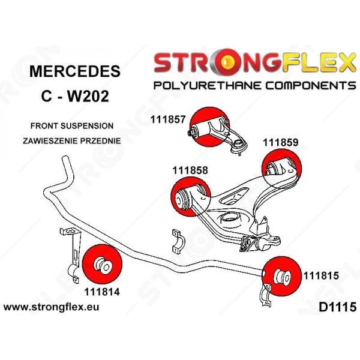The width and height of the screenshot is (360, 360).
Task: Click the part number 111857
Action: pos(168,119)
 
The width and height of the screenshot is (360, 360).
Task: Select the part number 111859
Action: pos(281,142)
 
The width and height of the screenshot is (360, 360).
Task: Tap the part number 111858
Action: pos(190,170)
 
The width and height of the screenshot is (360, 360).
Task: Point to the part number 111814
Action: pos(102,292)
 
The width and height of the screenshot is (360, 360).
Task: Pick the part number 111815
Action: pos(321,275)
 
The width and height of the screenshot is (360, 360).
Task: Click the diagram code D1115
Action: pos(337,307)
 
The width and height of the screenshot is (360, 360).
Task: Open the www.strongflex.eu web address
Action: pos(52,307)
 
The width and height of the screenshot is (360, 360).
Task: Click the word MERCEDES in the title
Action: pos(75,71)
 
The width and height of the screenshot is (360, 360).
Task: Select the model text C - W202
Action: pos(75,96)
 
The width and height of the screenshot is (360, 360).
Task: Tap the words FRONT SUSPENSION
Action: pos(72,126)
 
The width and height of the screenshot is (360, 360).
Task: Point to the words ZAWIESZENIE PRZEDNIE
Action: pos(72,141)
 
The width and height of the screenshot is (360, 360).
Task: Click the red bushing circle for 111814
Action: pos(102,264)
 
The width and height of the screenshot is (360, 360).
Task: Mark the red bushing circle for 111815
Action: pos(281,277)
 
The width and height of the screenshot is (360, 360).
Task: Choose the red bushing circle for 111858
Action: pos(191,197)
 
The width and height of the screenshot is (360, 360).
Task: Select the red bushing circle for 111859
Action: pos(282,169)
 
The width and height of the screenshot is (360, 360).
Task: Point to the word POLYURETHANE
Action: pos(208,85)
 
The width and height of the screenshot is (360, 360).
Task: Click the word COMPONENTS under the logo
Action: pos(310,85)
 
